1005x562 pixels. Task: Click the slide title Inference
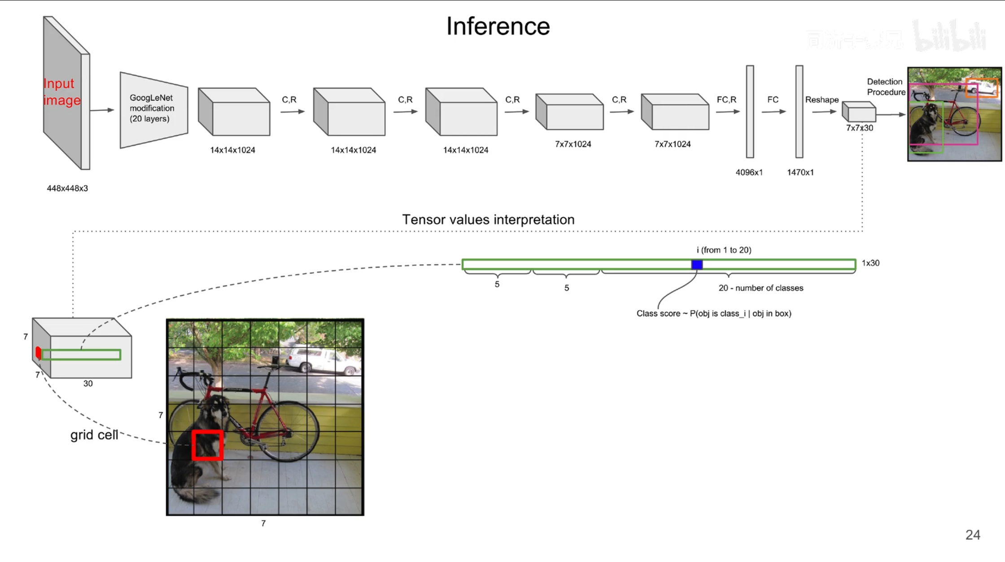[x=498, y=26]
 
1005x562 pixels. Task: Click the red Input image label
[x=62, y=92]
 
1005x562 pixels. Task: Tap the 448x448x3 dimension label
[x=67, y=188]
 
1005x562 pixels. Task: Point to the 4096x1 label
[x=749, y=172]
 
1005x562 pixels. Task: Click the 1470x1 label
[x=800, y=172]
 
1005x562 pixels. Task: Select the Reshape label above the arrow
[x=821, y=100]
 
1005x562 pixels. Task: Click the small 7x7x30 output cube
[x=859, y=111]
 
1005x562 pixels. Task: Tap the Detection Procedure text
[x=886, y=87]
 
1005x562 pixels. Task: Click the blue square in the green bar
[x=697, y=265]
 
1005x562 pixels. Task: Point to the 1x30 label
[x=870, y=263]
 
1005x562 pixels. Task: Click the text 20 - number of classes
[x=761, y=288]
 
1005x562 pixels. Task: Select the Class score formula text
[x=714, y=314]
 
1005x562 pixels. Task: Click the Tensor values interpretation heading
[x=488, y=220]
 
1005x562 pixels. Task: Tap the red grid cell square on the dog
[x=208, y=445]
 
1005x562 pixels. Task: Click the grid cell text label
[x=94, y=435]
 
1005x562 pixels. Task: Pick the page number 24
[x=973, y=535]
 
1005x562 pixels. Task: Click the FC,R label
[x=726, y=100]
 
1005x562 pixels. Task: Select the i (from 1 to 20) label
[x=724, y=250]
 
